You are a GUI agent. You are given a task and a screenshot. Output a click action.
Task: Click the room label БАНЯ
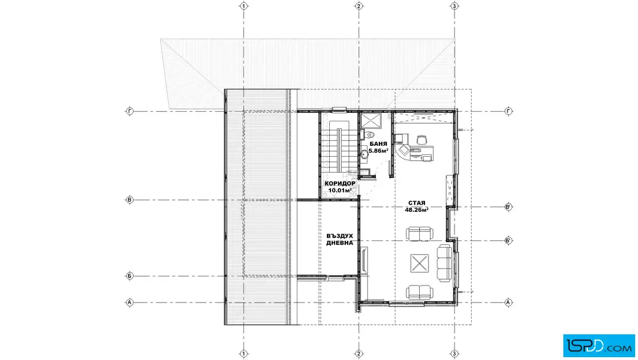[x=378, y=144]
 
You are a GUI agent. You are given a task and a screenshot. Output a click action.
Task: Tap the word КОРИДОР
[x=340, y=183]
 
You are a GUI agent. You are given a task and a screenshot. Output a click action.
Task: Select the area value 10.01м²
[x=340, y=190]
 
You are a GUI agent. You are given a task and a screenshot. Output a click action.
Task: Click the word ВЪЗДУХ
[x=340, y=236]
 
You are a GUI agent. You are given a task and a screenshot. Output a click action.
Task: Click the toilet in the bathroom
[x=369, y=134]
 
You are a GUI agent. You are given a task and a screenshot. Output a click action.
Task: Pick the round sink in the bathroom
[x=365, y=154]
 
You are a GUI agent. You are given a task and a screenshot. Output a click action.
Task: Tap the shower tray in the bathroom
[x=371, y=120]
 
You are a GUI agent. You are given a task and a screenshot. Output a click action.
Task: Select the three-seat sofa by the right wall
[x=444, y=263]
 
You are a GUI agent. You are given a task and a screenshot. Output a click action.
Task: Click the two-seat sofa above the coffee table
[x=419, y=234]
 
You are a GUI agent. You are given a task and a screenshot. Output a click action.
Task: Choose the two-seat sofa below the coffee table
[x=419, y=292]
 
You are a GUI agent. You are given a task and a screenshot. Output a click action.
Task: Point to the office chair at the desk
[x=422, y=140]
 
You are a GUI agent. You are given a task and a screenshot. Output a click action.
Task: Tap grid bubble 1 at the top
[x=243, y=6]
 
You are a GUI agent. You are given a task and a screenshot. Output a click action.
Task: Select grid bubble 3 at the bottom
[x=455, y=354]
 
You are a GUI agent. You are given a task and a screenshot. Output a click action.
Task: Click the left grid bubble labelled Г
[x=129, y=111]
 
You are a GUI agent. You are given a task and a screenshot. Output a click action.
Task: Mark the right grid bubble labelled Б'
[x=508, y=240]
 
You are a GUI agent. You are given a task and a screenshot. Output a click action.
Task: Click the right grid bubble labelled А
[x=508, y=302]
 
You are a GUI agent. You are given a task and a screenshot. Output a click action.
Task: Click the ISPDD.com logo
[x=599, y=346]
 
